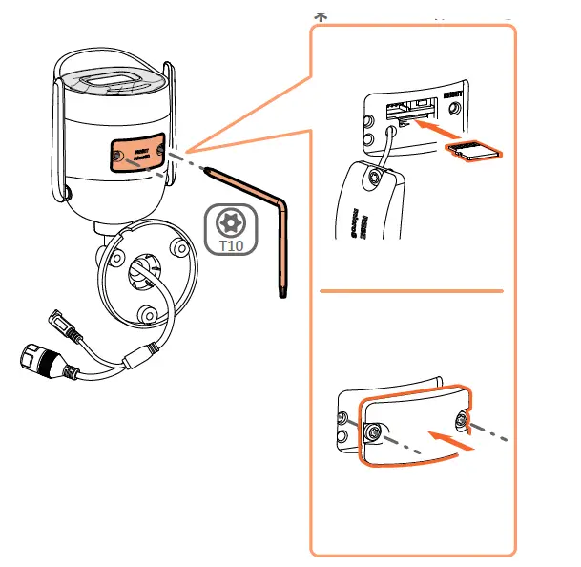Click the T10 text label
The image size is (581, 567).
point(231,244)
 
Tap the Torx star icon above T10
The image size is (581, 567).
point(231,222)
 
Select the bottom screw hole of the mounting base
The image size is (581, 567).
point(146,314)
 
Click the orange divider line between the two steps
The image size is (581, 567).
point(410,289)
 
